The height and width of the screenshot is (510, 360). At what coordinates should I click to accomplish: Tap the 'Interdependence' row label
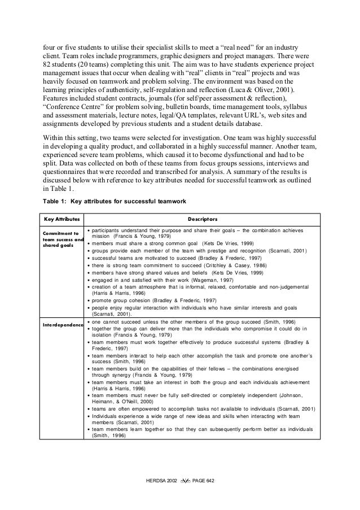pos(61,325)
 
